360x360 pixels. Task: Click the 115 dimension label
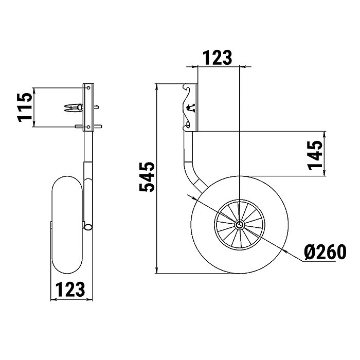click(x=24, y=107)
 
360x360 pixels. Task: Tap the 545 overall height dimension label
click(x=147, y=177)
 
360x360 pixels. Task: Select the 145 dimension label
click(x=315, y=155)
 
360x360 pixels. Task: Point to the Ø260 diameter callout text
click(x=325, y=251)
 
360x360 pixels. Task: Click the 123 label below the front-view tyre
click(x=70, y=289)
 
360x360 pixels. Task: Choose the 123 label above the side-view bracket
click(x=218, y=58)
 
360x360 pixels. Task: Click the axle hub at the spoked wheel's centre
click(x=240, y=224)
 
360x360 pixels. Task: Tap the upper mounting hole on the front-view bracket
click(x=88, y=88)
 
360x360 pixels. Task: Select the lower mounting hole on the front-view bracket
click(x=88, y=127)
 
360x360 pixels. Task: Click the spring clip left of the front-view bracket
click(x=74, y=107)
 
